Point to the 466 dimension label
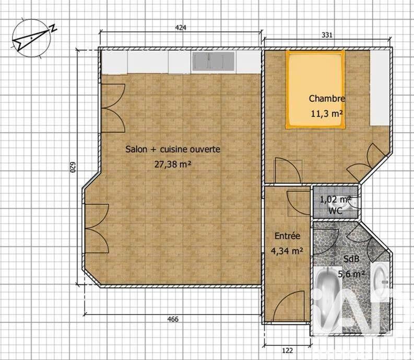(173, 319)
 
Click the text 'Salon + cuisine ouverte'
(173, 149)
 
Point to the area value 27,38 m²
(172, 164)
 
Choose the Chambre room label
(327, 98)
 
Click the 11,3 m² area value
(327, 113)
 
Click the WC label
(335, 211)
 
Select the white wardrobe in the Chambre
(379, 88)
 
